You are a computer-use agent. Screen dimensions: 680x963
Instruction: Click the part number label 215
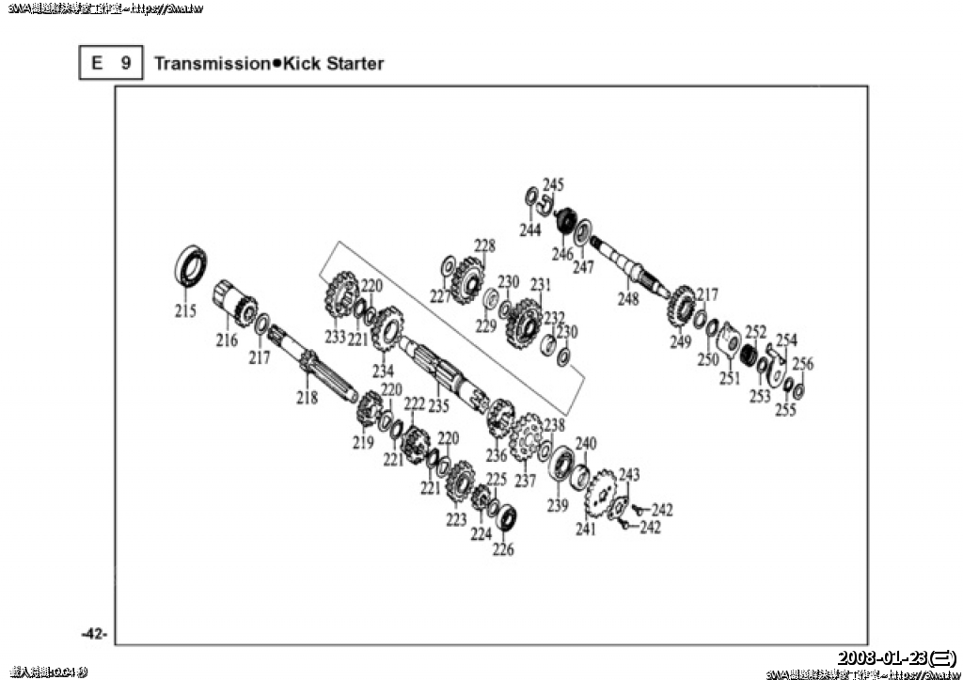coord(186,311)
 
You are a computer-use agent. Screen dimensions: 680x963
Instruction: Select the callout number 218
coord(308,398)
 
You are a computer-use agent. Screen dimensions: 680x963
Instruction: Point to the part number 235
coord(438,406)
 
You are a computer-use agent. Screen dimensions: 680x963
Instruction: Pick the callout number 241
coord(587,530)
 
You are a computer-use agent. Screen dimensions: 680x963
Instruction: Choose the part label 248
coord(628,299)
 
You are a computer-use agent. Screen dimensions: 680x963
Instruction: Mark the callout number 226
coord(504,549)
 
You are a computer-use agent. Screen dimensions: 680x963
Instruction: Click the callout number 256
coord(803,364)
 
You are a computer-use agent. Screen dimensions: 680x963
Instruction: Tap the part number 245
coord(553,184)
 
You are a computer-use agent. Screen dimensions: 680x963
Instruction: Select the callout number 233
coord(336,337)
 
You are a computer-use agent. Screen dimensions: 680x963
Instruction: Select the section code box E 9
coord(111,64)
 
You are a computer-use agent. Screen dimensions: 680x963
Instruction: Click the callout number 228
coord(484,246)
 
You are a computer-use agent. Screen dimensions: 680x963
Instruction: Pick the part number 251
coord(730,379)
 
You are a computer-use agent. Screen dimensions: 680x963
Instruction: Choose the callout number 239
coord(559,506)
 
